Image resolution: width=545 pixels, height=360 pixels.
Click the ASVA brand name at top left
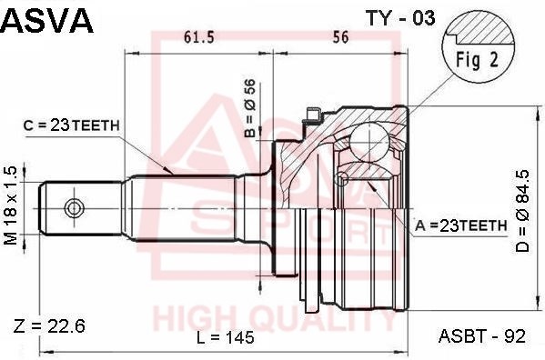47,20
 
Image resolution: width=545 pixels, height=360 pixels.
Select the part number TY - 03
400,18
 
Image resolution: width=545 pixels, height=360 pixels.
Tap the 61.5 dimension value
199,37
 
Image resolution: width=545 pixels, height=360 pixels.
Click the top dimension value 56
340,37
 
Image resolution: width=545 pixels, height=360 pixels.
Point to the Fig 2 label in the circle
477,60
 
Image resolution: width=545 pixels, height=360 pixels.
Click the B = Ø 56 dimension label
250,108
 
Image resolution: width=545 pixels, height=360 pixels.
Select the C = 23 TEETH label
72,125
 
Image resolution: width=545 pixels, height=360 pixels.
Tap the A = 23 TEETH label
461,226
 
